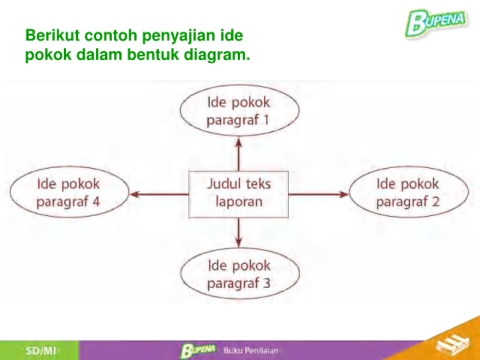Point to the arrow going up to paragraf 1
(238, 154)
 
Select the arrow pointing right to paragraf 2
(319, 194)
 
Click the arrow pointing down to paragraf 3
(238, 232)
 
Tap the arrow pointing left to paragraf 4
(159, 194)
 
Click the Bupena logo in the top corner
(436, 22)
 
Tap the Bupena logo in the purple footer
(198, 350)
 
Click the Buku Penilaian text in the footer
(251, 350)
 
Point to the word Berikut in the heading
(52, 35)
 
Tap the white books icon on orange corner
(452, 343)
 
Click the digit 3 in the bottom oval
(267, 283)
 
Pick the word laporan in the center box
(239, 202)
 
